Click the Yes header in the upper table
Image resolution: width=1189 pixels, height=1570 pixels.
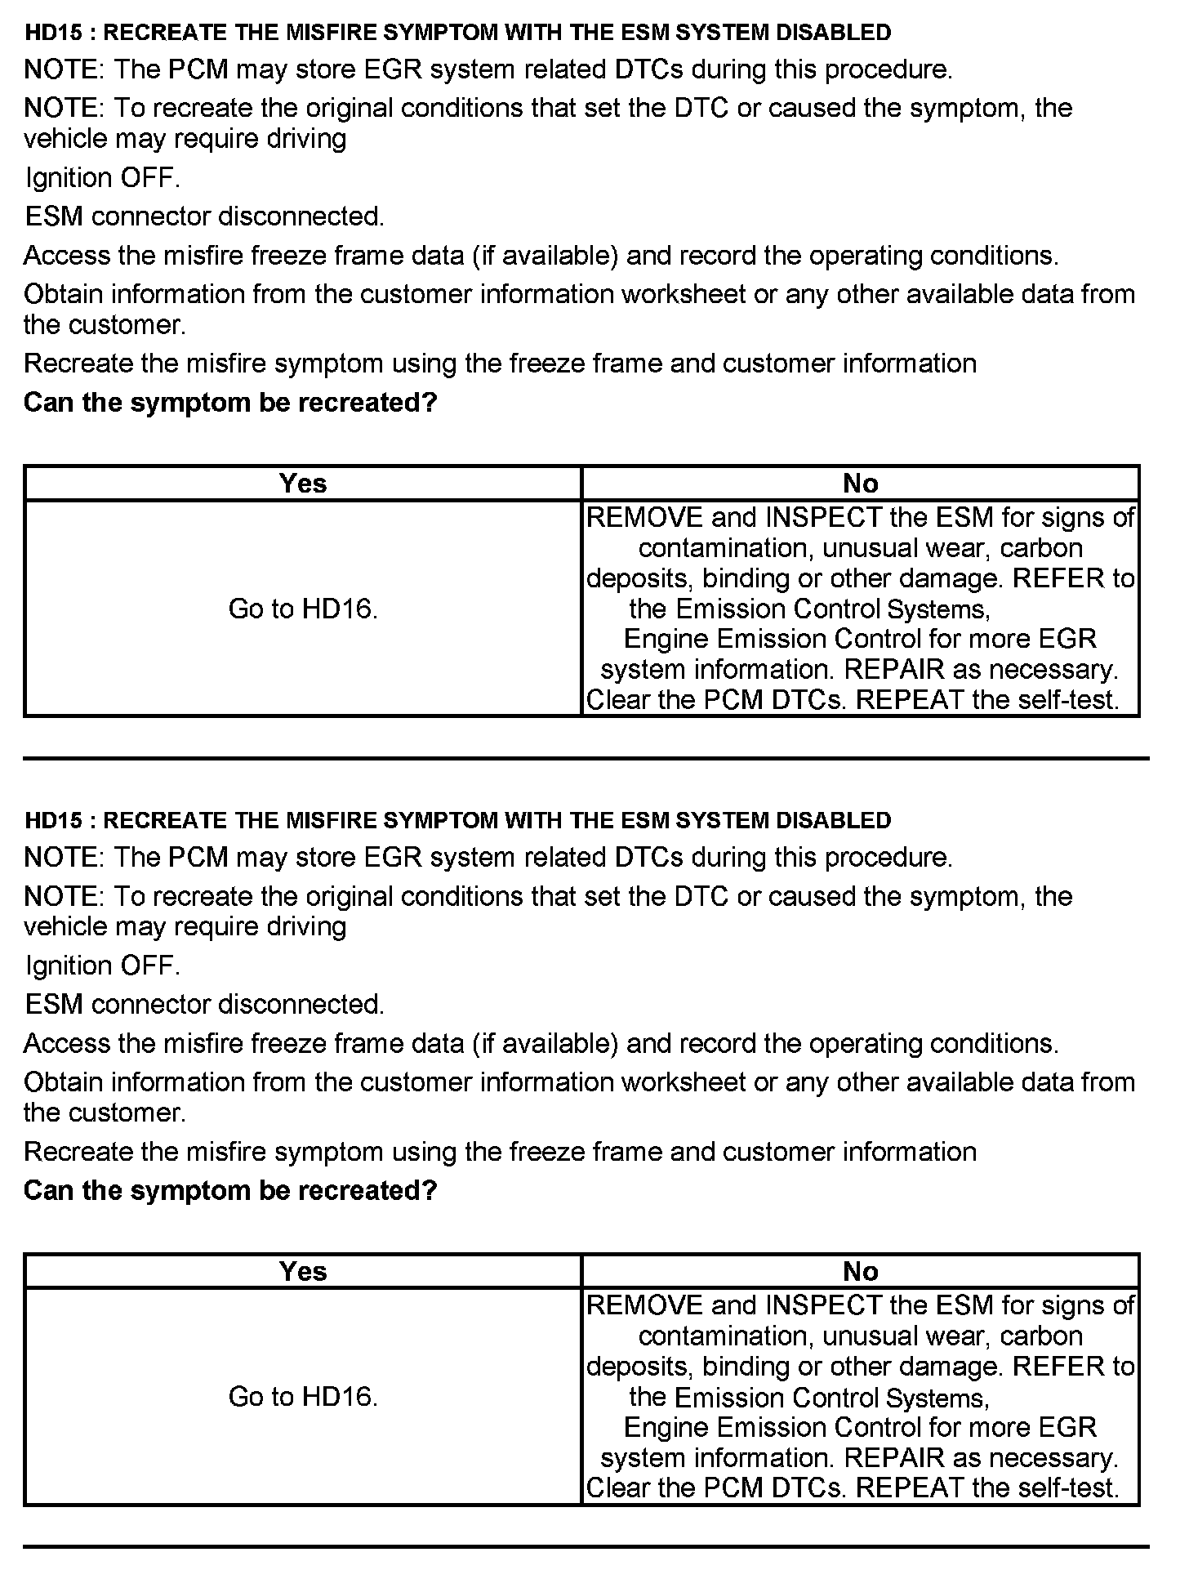tap(302, 484)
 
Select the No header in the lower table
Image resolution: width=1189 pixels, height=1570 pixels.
tap(860, 1272)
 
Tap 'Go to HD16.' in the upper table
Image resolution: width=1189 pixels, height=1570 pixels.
tap(303, 609)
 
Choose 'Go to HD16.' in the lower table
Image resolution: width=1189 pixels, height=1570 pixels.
tap(303, 1397)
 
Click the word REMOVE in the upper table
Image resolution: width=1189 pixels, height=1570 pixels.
tap(645, 518)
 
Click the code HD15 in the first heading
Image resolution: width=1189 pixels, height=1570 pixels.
tap(54, 33)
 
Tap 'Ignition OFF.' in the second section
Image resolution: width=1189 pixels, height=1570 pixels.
tap(102, 966)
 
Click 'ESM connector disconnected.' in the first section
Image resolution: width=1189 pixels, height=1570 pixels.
tap(204, 216)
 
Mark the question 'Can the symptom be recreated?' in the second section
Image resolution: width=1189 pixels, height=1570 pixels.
tap(230, 1190)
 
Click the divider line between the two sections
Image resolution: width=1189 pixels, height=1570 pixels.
tap(586, 759)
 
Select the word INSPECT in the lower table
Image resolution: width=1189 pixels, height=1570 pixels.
tap(824, 1306)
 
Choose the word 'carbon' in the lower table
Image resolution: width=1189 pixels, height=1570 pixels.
tap(1040, 1336)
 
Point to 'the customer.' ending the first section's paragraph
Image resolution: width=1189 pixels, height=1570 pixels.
tap(105, 325)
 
